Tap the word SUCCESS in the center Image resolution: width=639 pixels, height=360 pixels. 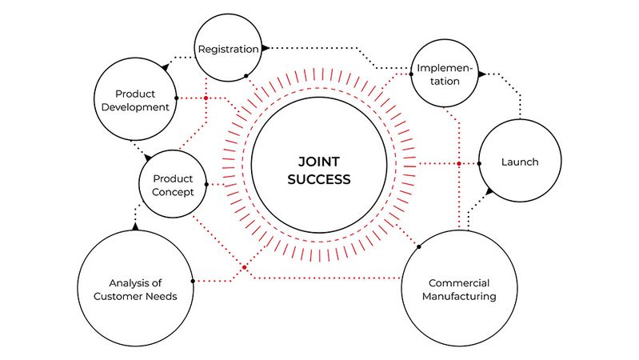pyautogui.click(x=319, y=179)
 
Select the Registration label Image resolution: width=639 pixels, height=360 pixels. pyautogui.click(x=229, y=49)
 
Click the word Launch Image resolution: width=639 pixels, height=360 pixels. pyautogui.click(x=520, y=162)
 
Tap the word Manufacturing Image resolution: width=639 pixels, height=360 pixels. pyautogui.click(x=458, y=297)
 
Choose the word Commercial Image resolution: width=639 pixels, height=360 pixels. pyautogui.click(x=459, y=282)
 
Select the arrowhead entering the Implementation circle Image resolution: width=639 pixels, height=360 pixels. pyautogui.click(x=481, y=74)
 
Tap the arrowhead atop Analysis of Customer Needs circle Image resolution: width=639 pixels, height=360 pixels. pyautogui.click(x=136, y=227)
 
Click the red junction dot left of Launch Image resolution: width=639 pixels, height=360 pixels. pyautogui.click(x=459, y=163)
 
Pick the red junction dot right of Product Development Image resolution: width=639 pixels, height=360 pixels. pyautogui.click(x=206, y=98)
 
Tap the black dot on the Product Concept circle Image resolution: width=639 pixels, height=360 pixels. pyautogui.click(x=206, y=185)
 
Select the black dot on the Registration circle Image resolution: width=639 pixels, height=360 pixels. pyautogui.click(x=246, y=77)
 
